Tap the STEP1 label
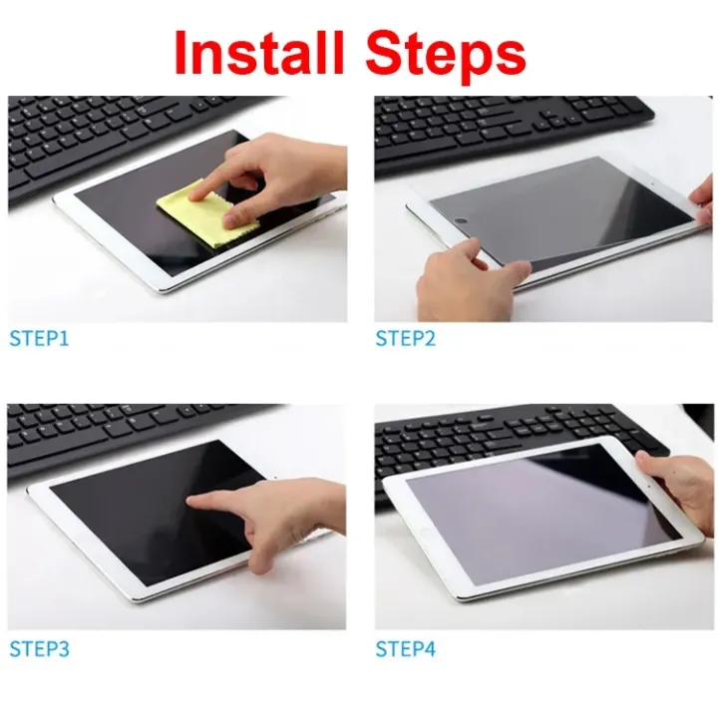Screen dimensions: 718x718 click(39, 339)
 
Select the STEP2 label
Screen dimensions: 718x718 click(405, 339)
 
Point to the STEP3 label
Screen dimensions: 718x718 click(39, 649)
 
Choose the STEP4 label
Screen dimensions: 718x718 click(405, 649)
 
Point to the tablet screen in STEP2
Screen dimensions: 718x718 click(558, 214)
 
